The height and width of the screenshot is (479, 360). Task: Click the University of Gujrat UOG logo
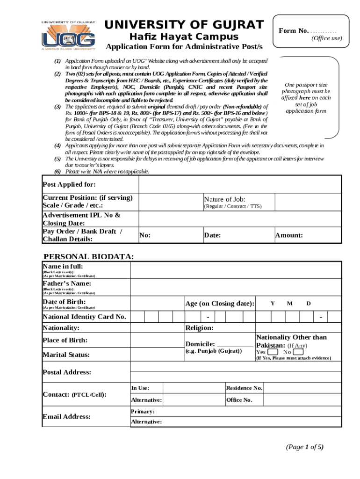point(68,36)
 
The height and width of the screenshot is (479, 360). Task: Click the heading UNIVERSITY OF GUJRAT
point(184,25)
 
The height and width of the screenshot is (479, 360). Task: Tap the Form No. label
point(294,31)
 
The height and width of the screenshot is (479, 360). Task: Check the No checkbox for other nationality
point(298,352)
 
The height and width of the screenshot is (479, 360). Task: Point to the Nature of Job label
point(224,199)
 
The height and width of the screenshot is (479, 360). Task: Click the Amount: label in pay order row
point(289,235)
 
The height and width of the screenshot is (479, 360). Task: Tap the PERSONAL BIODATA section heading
point(88,257)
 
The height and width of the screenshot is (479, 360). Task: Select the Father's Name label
point(67,283)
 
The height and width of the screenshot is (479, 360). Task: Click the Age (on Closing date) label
point(220,304)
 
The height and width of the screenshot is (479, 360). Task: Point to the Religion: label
point(200,328)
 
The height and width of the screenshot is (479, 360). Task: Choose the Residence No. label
point(244,388)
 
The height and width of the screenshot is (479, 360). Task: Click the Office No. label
point(239,400)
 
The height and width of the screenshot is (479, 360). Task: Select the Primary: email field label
point(143,412)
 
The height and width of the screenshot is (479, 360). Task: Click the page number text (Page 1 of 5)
point(304,447)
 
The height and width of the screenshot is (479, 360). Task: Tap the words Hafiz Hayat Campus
point(184,37)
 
